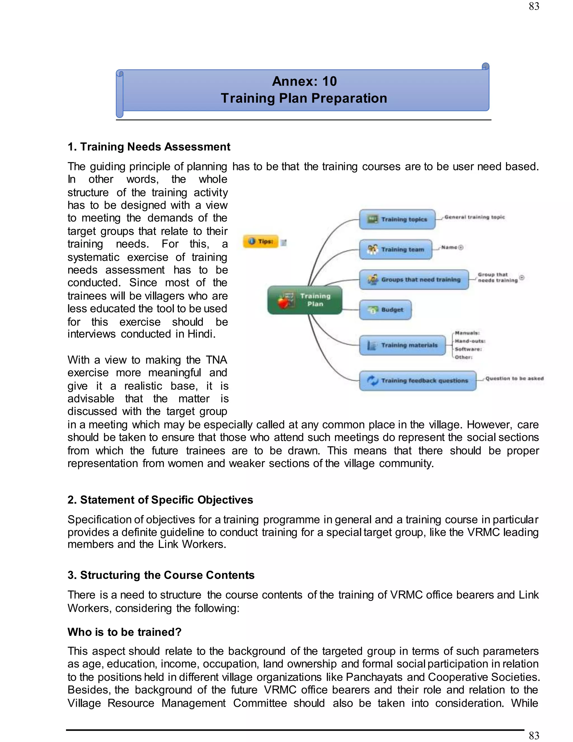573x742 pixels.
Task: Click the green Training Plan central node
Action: (305, 300)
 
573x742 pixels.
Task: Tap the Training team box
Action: (395, 249)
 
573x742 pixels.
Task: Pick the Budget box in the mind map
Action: (385, 309)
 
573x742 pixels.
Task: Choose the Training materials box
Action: (402, 345)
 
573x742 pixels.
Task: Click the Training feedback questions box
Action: (417, 381)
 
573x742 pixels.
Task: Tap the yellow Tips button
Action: (261, 241)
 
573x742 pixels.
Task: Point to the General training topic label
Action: (474, 217)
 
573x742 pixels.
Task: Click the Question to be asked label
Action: (514, 378)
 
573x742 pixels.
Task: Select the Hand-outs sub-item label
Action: (470, 341)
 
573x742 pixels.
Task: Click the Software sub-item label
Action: (468, 349)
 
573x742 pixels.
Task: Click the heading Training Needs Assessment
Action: (149, 147)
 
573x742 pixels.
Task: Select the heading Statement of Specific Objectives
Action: (160, 500)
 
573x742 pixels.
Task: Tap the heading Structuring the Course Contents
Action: (161, 575)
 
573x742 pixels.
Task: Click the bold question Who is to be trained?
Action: (124, 632)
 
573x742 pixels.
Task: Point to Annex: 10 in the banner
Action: (304, 81)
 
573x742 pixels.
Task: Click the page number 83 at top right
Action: (534, 6)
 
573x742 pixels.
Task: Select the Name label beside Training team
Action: (449, 247)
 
